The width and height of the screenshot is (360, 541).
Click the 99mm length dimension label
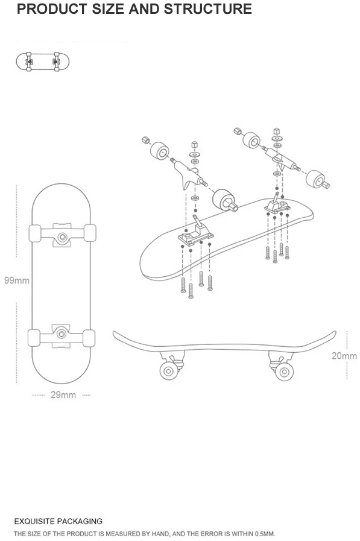click(17, 280)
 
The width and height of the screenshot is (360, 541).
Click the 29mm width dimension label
click(63, 395)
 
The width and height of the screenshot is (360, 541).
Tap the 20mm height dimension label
click(344, 355)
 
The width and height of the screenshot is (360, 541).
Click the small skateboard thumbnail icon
click(43, 61)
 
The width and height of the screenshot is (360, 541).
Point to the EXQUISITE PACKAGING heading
click(58, 521)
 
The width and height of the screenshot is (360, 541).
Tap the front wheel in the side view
click(283, 370)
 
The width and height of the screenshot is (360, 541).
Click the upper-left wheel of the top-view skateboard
click(34, 233)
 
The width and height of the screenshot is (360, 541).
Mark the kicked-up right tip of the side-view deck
click(332, 332)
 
